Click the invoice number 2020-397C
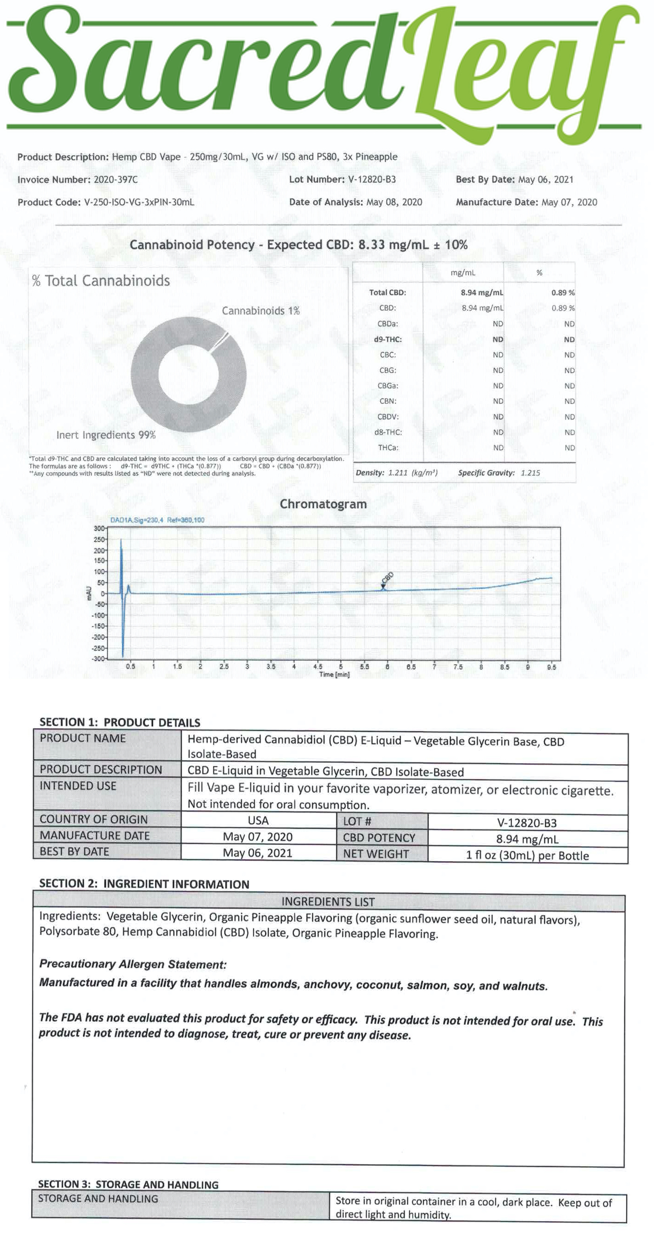115,180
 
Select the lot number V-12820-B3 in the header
371,179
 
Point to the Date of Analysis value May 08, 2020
394,202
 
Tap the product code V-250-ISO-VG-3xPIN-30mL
138,202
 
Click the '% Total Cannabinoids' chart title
101,281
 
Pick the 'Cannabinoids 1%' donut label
261,311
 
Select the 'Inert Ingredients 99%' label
106,435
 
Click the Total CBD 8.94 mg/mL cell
482,293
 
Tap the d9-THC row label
388,339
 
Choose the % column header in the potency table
539,273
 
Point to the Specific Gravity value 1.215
530,473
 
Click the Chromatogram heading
323,504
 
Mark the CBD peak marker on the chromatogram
383,586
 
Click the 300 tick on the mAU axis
99,529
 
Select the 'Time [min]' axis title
334,675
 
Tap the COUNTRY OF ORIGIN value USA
258,820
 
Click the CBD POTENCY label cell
379,838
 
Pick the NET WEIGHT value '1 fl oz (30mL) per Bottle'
527,856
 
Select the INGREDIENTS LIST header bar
328,902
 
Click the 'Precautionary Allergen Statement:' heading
133,964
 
